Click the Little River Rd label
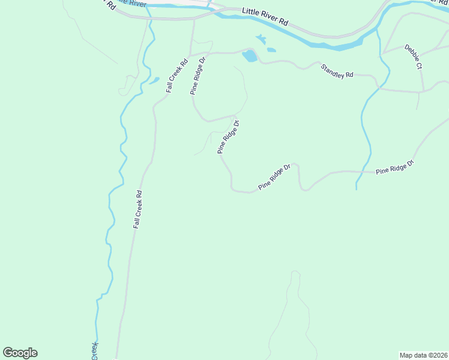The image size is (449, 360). tap(265, 19)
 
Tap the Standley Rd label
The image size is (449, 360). tap(337, 70)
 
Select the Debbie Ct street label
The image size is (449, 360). tap(412, 58)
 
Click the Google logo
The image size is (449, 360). tap(20, 353)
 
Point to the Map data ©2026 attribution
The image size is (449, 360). tap(424, 355)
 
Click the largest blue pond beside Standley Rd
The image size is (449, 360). tap(249, 56)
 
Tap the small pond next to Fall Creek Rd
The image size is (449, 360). tap(154, 80)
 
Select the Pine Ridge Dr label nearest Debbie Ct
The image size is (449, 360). tap(395, 167)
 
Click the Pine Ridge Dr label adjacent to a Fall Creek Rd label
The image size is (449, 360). tap(198, 76)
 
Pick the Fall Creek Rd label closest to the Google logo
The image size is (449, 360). tap(137, 209)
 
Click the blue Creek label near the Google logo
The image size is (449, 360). tap(94, 350)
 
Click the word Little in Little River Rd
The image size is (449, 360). tap(252, 13)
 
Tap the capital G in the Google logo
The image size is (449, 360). tap(8, 353)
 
